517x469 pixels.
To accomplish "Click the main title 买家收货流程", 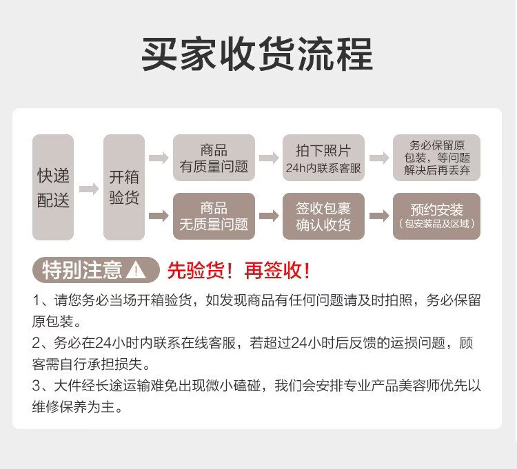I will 257,54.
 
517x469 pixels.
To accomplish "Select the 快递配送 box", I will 53,187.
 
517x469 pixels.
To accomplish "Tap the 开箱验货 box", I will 124,187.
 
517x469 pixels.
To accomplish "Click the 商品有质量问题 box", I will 214,158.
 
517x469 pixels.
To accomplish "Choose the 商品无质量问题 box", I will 214,216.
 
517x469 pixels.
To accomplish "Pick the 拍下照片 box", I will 323,158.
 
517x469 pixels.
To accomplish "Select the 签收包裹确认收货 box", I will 323,216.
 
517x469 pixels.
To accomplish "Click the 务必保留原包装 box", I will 436,158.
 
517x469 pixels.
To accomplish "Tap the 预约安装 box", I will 436,216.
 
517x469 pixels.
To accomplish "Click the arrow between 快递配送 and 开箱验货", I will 88,188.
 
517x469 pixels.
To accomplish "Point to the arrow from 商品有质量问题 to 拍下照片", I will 269,158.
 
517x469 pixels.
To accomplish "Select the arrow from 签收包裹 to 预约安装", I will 379,216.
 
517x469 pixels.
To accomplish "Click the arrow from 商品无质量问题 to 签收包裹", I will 269,216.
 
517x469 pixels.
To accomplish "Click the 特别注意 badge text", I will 82,271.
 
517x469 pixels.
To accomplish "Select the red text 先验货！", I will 203,271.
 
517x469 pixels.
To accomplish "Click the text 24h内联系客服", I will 323,168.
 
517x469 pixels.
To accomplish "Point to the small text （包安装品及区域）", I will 436,225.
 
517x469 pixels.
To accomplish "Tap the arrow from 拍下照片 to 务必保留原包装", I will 379,158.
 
